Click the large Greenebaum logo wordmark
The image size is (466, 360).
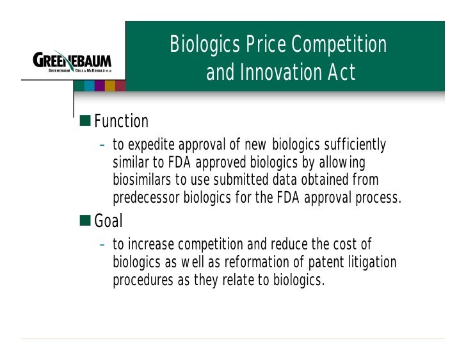[72, 62]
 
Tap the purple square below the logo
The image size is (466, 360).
[99, 86]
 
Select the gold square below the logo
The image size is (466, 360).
[110, 86]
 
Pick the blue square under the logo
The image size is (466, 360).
[89, 86]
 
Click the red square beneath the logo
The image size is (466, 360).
[120, 86]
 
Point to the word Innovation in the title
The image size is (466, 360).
[282, 73]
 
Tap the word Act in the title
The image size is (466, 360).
[341, 73]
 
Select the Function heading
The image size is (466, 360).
[121, 121]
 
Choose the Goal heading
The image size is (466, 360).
[108, 221]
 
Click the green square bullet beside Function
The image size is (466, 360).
[85, 121]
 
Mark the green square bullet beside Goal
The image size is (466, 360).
[85, 221]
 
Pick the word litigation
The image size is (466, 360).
[371, 263]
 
